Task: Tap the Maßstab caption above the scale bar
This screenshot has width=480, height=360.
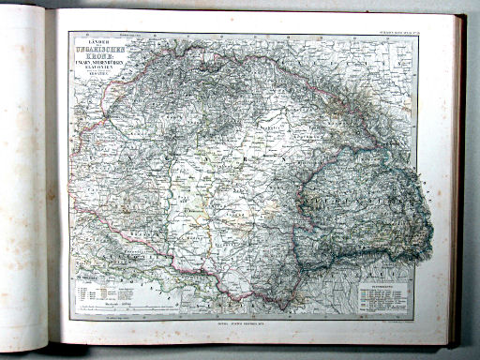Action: point(103,299)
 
